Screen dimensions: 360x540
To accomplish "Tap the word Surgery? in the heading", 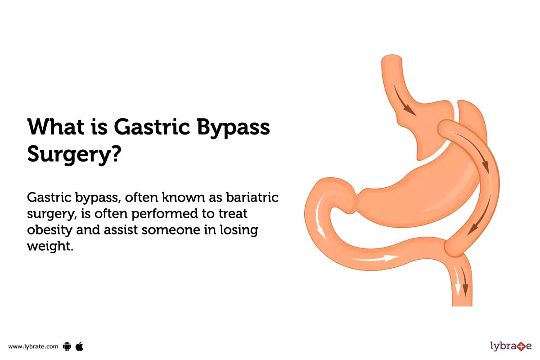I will click(x=74, y=154).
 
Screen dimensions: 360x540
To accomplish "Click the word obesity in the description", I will click(x=48, y=229).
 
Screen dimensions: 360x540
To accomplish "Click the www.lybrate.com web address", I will click(x=33, y=346).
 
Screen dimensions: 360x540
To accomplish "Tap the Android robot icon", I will click(x=67, y=346).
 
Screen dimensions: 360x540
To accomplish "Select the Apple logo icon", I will click(x=80, y=346).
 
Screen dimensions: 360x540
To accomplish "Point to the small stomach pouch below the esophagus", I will click(x=423, y=130).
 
